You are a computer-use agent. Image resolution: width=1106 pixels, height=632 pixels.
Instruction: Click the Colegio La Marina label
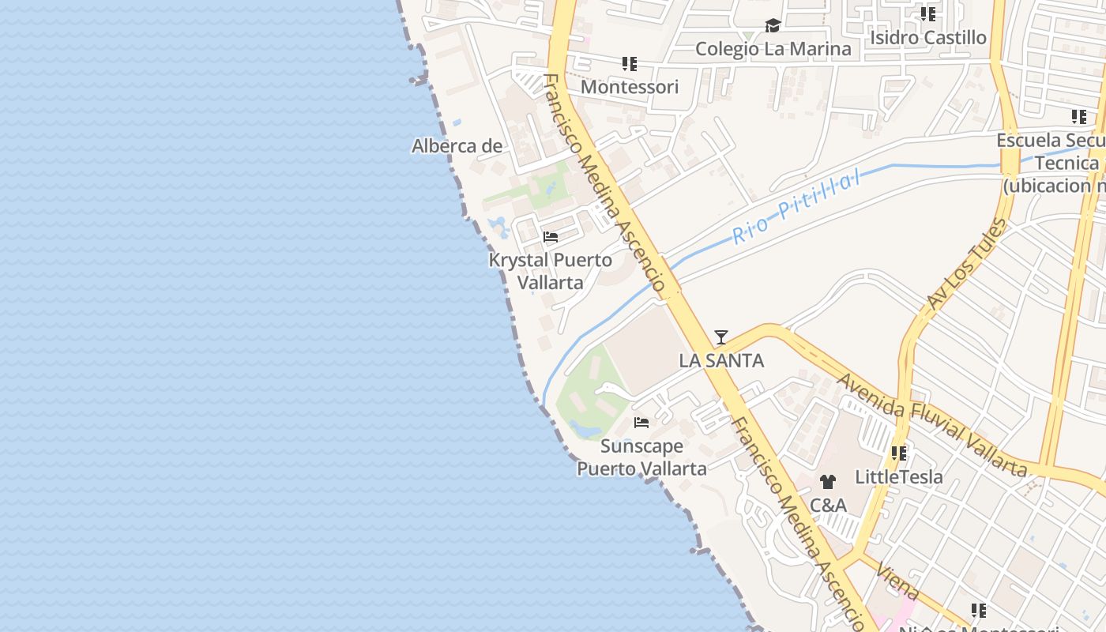773,49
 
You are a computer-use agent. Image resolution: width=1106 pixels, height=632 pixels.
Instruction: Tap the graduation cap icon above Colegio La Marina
773,26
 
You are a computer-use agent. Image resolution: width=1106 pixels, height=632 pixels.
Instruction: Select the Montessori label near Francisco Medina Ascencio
629,87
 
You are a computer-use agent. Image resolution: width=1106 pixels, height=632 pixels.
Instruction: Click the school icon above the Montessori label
629,64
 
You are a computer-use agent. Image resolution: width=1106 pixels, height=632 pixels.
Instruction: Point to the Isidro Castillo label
928,37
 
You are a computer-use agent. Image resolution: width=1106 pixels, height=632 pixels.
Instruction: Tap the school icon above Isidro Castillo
928,14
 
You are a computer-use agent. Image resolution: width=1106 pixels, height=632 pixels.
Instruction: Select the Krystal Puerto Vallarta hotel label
551,271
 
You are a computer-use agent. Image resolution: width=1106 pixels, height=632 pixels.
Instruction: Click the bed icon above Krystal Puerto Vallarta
551,237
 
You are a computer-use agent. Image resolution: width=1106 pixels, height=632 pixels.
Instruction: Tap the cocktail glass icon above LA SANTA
720,337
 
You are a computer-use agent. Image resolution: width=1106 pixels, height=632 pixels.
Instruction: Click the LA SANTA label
721,361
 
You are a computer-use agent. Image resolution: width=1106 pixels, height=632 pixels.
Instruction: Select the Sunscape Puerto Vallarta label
641,457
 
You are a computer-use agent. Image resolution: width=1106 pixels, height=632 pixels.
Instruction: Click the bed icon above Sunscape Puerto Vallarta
641,423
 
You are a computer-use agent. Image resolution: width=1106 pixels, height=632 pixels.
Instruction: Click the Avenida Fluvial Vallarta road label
931,425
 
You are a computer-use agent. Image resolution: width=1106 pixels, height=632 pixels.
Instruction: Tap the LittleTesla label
899,477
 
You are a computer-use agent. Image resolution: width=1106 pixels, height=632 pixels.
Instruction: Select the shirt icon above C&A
828,482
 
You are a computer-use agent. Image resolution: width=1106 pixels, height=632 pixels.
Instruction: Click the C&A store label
828,506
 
